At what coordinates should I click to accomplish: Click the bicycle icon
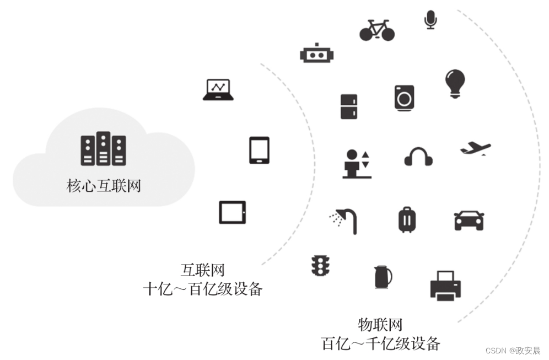point(377,30)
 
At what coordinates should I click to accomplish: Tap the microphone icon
point(430,19)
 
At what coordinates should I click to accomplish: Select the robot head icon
point(317,54)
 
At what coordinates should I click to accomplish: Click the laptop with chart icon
point(218,90)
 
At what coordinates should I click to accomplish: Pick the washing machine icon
point(404,98)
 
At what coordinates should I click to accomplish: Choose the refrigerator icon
point(349,106)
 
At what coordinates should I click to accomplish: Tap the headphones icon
point(418,157)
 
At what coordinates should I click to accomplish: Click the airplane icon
point(475,148)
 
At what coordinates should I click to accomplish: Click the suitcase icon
point(407,219)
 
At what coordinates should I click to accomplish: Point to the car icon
point(469,220)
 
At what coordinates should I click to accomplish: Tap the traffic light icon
point(320,266)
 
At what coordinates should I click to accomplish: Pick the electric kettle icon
point(383,277)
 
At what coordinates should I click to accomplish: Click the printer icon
point(445,285)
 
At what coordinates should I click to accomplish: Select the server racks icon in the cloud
point(103,149)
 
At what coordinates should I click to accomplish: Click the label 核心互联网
point(104,186)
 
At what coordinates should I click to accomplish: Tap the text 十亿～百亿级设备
point(202,288)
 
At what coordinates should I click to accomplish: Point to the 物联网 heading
point(380,324)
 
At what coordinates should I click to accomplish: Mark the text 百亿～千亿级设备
point(380,343)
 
